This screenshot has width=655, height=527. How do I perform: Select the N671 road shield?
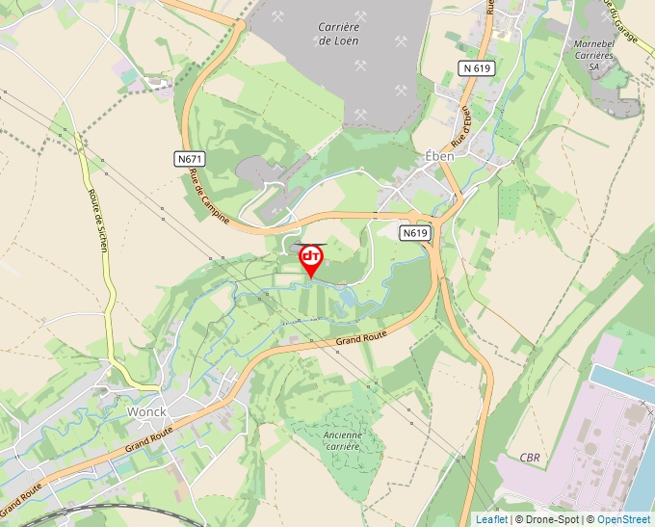191,159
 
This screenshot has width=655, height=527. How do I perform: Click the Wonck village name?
146,411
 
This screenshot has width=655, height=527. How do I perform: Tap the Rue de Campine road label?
210,197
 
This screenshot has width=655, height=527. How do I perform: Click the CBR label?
530,457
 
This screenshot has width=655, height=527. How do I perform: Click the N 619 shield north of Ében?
477,68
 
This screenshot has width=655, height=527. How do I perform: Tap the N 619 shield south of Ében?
415,233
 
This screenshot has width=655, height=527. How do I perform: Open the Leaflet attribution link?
491,519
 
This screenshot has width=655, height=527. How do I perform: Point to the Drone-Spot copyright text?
554,519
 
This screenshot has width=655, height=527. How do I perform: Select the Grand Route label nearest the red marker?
361,336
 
